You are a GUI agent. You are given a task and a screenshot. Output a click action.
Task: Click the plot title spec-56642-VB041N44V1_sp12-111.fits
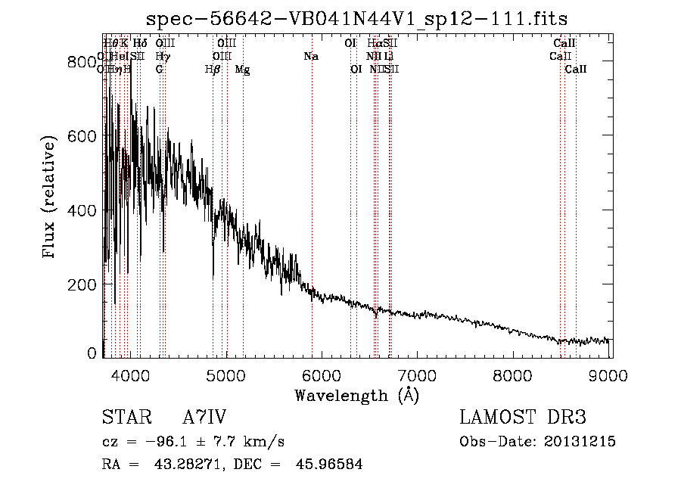pyautogui.click(x=356, y=17)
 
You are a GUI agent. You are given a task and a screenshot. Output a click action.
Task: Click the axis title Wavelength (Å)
pyautogui.click(x=356, y=395)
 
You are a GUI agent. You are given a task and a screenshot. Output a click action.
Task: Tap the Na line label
pyautogui.click(x=311, y=56)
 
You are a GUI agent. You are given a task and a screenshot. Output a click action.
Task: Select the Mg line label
pyautogui.click(x=242, y=70)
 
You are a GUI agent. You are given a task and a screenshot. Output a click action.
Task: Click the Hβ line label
pyautogui.click(x=213, y=70)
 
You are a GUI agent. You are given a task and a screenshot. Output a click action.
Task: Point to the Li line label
pyautogui.click(x=388, y=56)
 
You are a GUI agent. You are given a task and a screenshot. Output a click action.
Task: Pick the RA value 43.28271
pyautogui.click(x=190, y=465)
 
